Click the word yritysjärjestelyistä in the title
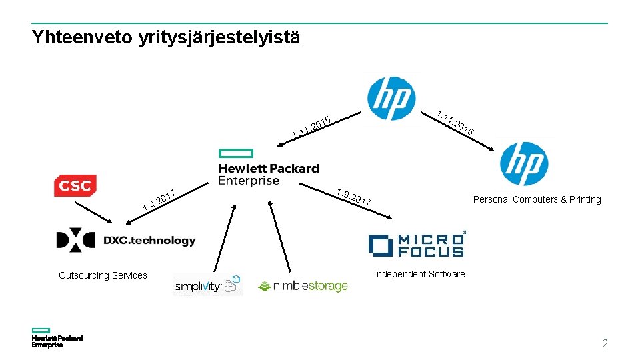pos(220,37)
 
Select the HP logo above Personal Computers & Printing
pos(524,164)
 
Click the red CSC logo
pos(75,186)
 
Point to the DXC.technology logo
pos(126,240)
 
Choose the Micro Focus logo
pos(417,245)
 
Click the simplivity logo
pos(207,285)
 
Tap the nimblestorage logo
pos(303,286)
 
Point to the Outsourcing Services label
pos(103,275)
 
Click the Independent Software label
pos(419,274)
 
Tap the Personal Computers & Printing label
pos(537,199)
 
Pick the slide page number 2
pos(605,344)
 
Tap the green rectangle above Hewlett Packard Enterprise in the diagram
pos(236,153)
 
